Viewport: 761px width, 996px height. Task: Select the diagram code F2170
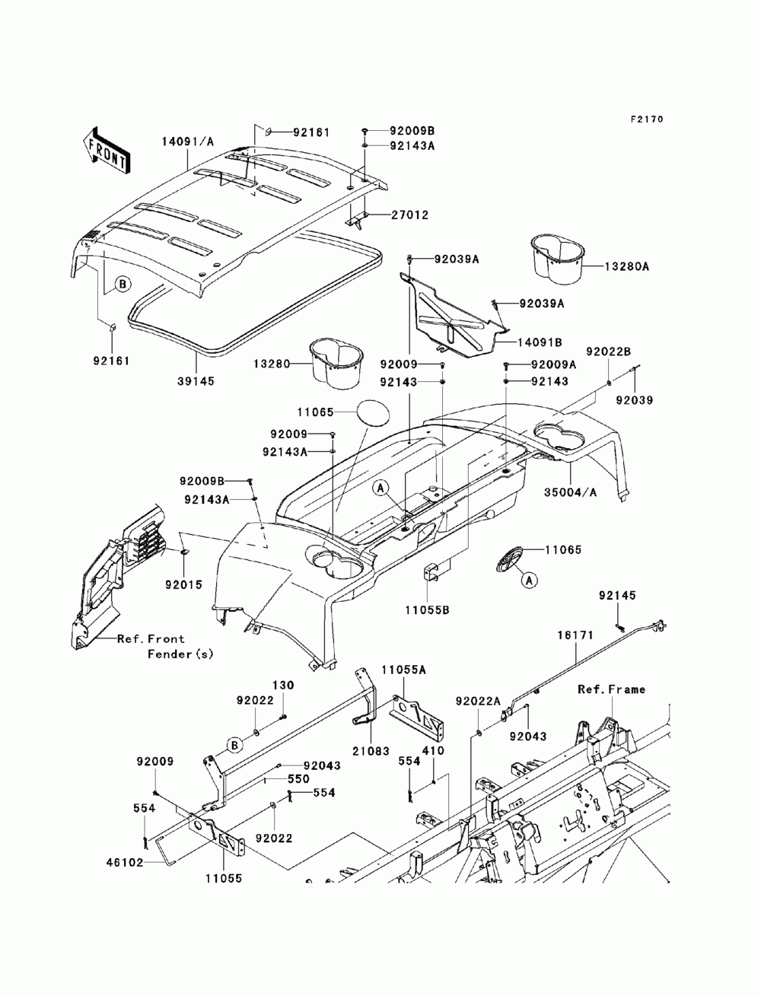pyautogui.click(x=646, y=119)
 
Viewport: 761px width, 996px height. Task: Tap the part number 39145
pyautogui.click(x=196, y=381)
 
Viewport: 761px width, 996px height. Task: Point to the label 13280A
pyautogui.click(x=626, y=266)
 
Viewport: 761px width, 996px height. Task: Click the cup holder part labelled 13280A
pyautogui.click(x=558, y=259)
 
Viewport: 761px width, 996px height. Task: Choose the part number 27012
pyautogui.click(x=409, y=215)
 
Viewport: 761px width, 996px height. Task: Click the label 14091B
pyautogui.click(x=540, y=342)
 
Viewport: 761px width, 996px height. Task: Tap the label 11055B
pyautogui.click(x=428, y=610)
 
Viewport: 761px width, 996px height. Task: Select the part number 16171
pyautogui.click(x=575, y=635)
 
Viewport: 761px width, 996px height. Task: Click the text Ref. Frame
pyautogui.click(x=611, y=689)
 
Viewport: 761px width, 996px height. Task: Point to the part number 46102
pyautogui.click(x=125, y=862)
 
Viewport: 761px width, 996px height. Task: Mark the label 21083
pyautogui.click(x=371, y=751)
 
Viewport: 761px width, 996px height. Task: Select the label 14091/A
pyautogui.click(x=188, y=142)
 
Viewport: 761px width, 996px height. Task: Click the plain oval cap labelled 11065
pyautogui.click(x=374, y=412)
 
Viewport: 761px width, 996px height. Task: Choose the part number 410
pyautogui.click(x=433, y=751)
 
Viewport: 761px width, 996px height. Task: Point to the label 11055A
pyautogui.click(x=403, y=670)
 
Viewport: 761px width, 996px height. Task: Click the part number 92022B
pyautogui.click(x=609, y=352)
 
